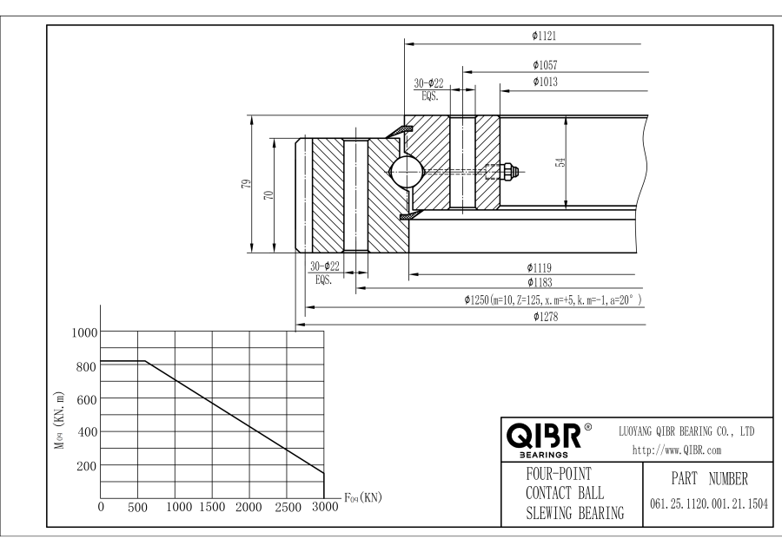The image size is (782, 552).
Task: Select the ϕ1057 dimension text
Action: tap(545, 65)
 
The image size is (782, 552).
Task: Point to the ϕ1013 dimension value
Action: tap(545, 82)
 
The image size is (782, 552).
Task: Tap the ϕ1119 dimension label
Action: tap(540, 267)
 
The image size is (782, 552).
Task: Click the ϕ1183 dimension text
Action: tap(540, 282)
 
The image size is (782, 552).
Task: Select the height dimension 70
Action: tap(268, 194)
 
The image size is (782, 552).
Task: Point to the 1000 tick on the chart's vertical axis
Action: tap(86, 332)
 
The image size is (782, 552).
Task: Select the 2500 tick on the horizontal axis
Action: tap(286, 507)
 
